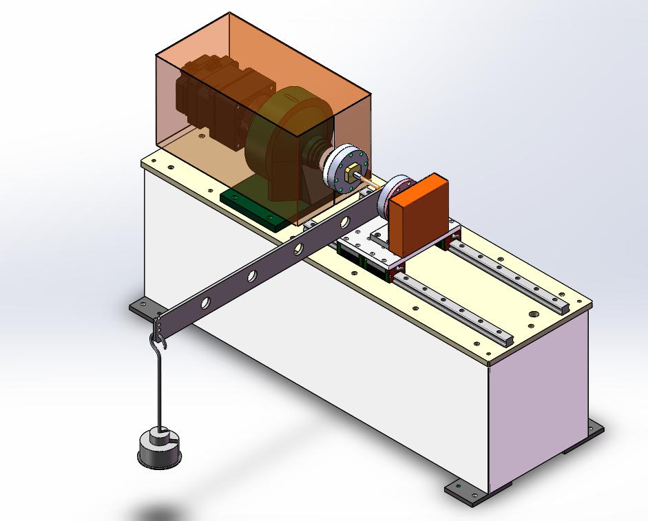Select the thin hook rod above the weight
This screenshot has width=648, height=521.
point(159,385)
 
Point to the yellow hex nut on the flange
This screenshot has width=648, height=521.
point(351,169)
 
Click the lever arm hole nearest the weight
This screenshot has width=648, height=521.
point(206,302)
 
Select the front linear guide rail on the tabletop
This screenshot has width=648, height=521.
point(454,307)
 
